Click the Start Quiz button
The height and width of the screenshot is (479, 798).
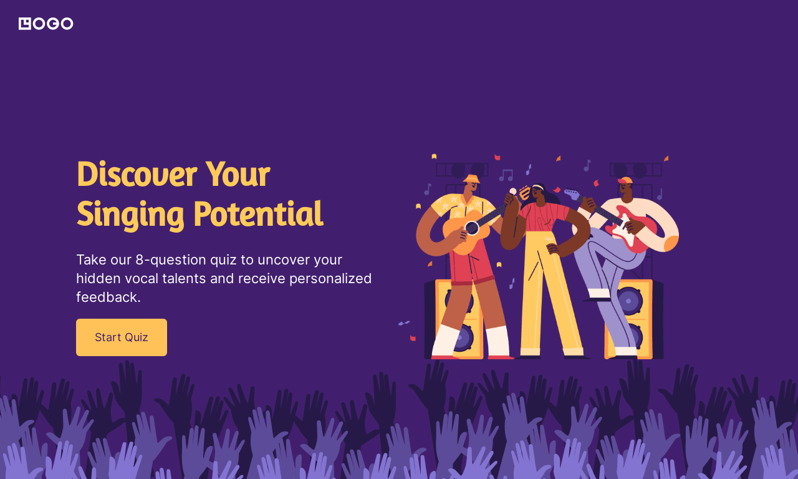click(x=122, y=337)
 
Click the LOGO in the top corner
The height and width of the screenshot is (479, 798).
click(x=46, y=24)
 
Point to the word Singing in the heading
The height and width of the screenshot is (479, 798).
click(x=130, y=214)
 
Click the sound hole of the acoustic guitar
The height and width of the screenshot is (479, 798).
click(x=472, y=228)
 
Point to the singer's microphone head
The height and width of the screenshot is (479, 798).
click(x=513, y=191)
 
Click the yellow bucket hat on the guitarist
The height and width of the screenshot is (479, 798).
click(x=472, y=179)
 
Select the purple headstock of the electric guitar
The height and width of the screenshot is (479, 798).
click(x=572, y=195)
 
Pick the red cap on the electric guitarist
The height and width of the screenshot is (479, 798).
click(x=625, y=181)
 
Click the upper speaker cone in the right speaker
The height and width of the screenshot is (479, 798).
click(x=630, y=301)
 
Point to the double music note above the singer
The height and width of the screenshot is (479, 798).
click(x=506, y=175)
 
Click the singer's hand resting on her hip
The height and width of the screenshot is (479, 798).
click(x=552, y=249)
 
